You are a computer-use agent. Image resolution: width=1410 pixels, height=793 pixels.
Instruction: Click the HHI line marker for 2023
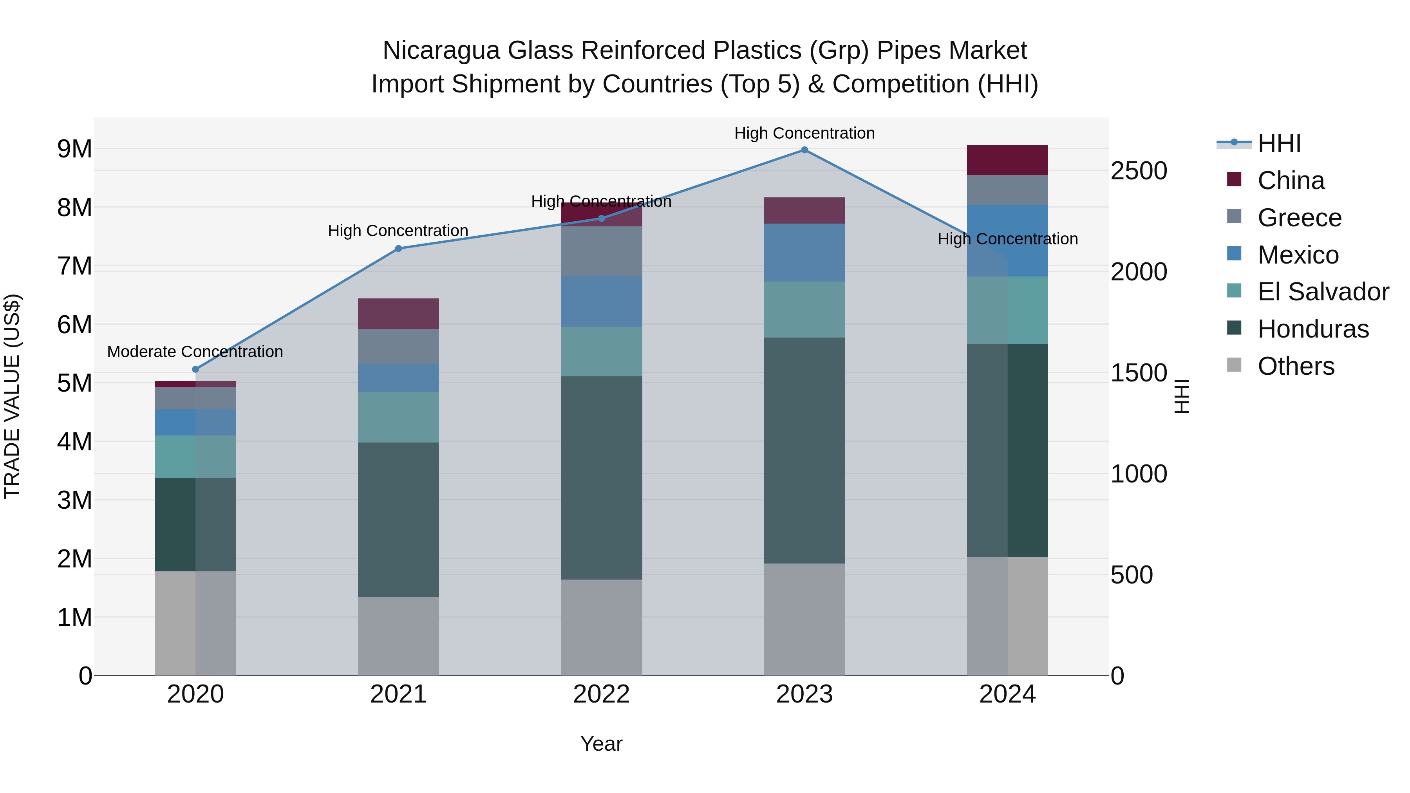point(804,150)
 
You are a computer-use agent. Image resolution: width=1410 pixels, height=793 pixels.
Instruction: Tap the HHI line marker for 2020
point(195,369)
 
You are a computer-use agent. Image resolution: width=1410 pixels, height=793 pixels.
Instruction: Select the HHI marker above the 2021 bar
point(398,248)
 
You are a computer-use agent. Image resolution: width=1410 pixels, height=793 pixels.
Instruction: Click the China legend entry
point(1290,181)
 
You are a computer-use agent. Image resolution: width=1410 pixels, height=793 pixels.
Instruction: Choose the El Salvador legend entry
point(1322,292)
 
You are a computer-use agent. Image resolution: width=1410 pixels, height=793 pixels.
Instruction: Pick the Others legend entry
point(1295,366)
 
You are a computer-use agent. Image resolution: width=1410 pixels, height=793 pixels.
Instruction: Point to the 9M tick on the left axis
point(74,149)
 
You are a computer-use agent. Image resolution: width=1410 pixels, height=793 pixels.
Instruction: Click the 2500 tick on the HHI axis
point(1139,171)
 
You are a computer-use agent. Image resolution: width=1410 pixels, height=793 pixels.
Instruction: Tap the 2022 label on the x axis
point(601,694)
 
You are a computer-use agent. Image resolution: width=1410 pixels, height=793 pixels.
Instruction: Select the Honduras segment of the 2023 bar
point(804,450)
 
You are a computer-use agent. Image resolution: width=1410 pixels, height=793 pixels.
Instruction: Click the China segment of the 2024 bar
point(1007,160)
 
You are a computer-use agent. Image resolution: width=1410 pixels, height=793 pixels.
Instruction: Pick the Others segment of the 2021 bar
point(398,636)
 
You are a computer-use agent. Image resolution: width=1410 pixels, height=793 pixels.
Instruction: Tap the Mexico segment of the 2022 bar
point(601,301)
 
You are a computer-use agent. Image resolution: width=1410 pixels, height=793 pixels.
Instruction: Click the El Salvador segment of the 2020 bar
point(195,457)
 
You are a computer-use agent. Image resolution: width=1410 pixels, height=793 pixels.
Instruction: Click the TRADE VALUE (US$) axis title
point(13,396)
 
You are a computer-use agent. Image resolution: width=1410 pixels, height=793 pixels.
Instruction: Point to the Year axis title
point(601,744)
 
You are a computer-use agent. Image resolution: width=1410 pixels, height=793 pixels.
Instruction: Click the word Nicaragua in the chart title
point(441,51)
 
